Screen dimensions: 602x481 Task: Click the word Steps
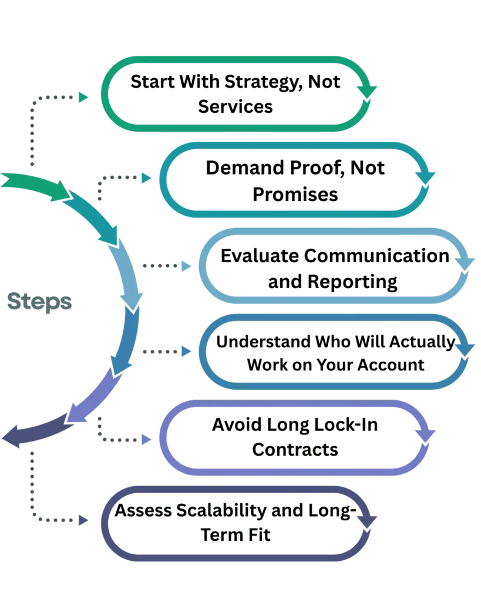coord(40,302)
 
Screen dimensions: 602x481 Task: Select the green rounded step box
coord(236,94)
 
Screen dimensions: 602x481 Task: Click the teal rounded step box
coord(294,180)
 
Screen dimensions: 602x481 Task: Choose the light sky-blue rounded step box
coord(335,266)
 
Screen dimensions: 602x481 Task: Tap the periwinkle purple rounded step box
coord(294,438)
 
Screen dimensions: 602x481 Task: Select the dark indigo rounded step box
coord(236,524)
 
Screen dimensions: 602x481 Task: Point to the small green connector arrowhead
coord(83,97)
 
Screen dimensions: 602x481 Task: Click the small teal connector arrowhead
coord(144,176)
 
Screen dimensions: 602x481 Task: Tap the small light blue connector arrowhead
coord(186,266)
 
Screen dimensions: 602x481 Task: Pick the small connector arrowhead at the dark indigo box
coord(83,520)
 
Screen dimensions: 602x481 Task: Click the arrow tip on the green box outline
coord(372,89)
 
